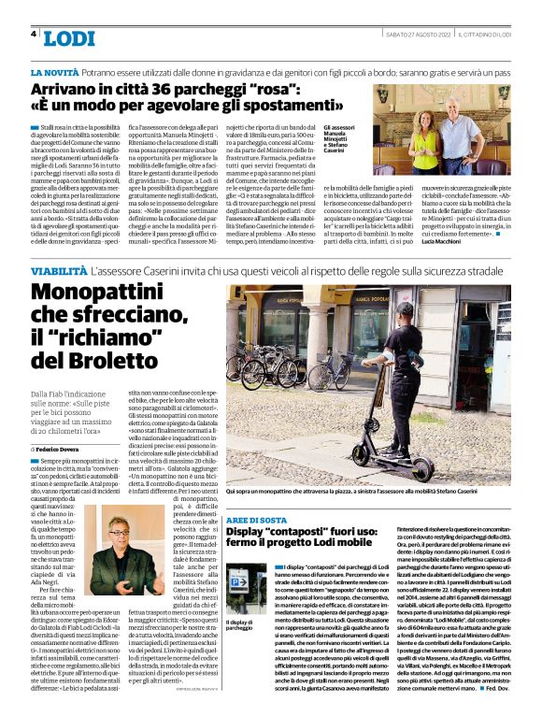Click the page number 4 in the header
click(x=34, y=35)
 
